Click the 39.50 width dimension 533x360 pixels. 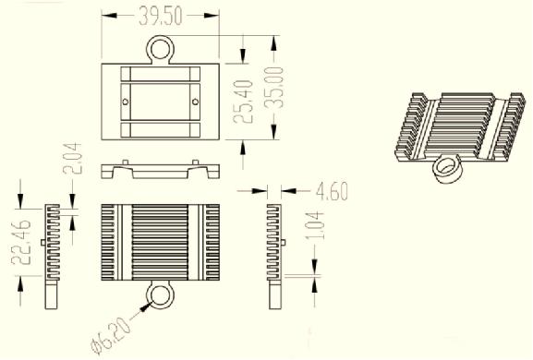pos(161,16)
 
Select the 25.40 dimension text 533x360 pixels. pos(243,102)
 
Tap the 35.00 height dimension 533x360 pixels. pos(274,88)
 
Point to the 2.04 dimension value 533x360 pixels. pos(72,158)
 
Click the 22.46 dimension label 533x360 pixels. pos(21,242)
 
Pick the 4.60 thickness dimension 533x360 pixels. pos(332,191)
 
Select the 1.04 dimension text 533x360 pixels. pos(315,225)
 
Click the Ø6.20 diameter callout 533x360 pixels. pos(111,335)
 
